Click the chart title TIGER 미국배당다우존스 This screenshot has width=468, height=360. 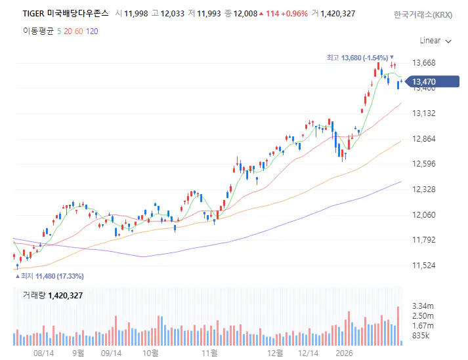pyautogui.click(x=66, y=13)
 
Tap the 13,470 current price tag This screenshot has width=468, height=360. pyautogui.click(x=423, y=82)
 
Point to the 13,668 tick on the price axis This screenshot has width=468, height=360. pyautogui.click(x=423, y=63)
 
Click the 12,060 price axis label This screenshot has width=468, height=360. pyautogui.click(x=423, y=215)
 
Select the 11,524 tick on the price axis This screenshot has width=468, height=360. pyautogui.click(x=423, y=266)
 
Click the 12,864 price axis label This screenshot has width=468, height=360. pyautogui.click(x=423, y=139)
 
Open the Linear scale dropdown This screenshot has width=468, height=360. pyautogui.click(x=435, y=41)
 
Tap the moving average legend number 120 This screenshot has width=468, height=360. pyautogui.click(x=92, y=31)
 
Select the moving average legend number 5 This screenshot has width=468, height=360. pyautogui.click(x=59, y=31)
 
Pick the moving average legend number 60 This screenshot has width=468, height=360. pyautogui.click(x=79, y=31)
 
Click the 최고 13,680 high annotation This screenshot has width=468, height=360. pyautogui.click(x=361, y=58)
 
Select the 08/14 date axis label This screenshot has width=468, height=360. pyautogui.click(x=43, y=353)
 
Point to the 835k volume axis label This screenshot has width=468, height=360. pyautogui.click(x=421, y=336)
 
